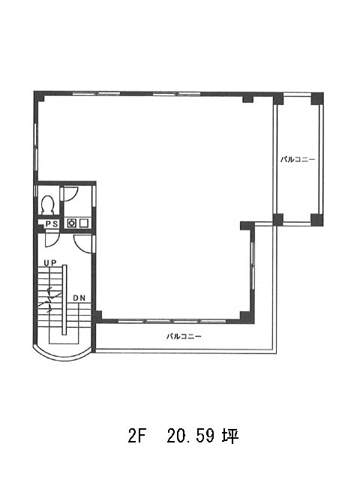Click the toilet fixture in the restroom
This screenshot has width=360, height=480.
point(48,204)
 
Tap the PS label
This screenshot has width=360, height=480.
point(52,224)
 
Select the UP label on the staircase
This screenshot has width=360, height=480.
point(50,262)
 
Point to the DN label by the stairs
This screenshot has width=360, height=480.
point(79,298)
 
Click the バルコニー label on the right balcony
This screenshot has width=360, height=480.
point(298,160)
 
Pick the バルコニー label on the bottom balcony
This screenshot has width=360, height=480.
point(184,337)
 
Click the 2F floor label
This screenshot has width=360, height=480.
point(136,436)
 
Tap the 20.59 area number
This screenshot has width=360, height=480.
point(190,436)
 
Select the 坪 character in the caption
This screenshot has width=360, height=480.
point(229,436)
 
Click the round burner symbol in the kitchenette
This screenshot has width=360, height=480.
point(72,223)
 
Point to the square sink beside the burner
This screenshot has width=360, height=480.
point(83,223)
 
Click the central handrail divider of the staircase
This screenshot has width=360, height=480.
point(64,300)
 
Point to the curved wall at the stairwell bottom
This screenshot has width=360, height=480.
point(62,355)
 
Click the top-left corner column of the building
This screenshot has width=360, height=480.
point(40,97)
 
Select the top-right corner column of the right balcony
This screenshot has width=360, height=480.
point(317,98)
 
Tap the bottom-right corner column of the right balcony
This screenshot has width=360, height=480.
point(317,220)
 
